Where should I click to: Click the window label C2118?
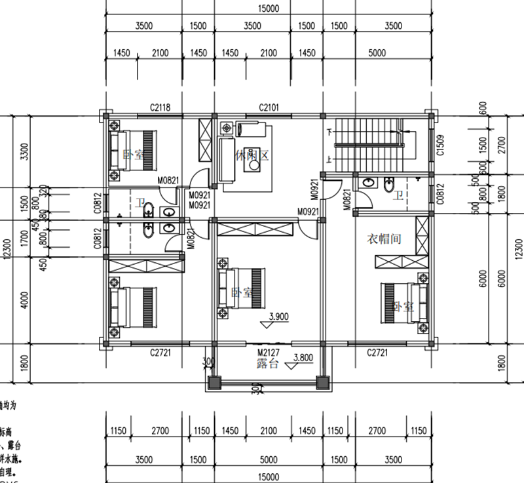pyautogui.click(x=160, y=106)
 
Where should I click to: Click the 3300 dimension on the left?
pyautogui.click(x=25, y=152)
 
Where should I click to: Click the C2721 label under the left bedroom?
pyautogui.click(x=160, y=353)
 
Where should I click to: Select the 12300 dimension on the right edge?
pyautogui.click(x=518, y=249)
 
